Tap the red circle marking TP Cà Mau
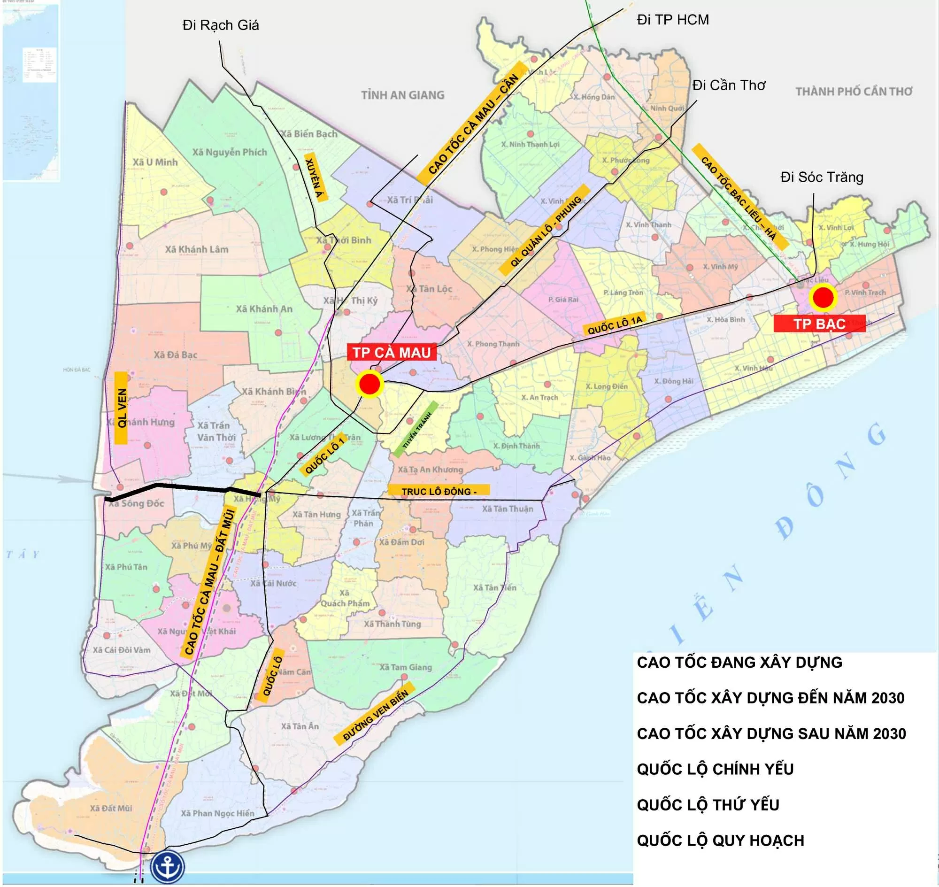[369, 385]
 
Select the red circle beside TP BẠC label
[823, 297]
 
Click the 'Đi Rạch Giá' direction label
[220, 25]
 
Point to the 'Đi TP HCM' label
[672, 20]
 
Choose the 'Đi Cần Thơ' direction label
[728, 85]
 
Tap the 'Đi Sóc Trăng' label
[821, 177]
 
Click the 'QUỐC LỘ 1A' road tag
[615, 325]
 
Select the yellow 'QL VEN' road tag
[122, 408]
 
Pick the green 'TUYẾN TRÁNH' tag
[416, 429]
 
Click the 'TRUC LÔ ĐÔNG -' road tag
[439, 491]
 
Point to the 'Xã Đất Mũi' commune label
[111, 808]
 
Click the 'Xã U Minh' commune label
[155, 162]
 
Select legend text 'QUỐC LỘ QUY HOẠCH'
[720, 840]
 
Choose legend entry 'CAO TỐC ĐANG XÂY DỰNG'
[739, 662]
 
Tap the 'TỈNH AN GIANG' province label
[402, 95]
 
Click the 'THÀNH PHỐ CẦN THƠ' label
[854, 92]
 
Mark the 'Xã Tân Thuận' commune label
[508, 509]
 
